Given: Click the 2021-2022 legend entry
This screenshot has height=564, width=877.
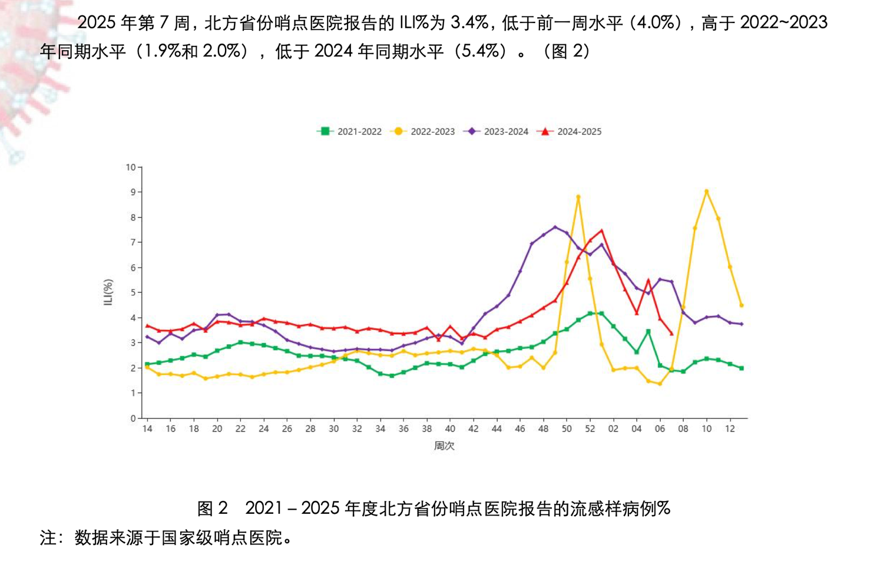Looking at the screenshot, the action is tap(349, 131).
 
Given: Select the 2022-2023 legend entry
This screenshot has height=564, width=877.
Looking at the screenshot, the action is tap(422, 131).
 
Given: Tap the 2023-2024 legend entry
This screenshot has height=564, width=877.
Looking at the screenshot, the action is tap(496, 131).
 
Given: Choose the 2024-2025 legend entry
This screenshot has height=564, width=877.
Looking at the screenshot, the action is tap(569, 131).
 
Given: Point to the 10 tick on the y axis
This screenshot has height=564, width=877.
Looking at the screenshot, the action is tap(130, 167).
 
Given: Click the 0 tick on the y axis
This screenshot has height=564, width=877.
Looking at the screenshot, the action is tap(133, 418).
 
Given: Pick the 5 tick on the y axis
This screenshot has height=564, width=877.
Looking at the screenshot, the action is tap(133, 293).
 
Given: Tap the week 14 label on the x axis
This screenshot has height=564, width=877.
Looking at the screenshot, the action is tap(147, 429).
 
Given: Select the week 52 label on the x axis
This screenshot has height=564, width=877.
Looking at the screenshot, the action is tap(590, 429).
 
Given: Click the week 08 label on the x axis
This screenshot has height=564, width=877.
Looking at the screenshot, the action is tap(683, 429).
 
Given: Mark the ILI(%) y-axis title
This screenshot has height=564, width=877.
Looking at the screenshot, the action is tap(108, 292).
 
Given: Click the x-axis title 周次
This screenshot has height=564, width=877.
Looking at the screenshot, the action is tap(444, 446).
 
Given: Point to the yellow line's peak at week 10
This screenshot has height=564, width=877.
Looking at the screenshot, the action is tap(707, 192).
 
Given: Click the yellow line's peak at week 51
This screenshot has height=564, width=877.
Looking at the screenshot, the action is tap(578, 197).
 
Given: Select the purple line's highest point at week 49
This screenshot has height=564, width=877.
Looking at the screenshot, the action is tap(555, 227).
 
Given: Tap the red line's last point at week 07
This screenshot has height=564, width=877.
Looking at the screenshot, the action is tap(672, 334).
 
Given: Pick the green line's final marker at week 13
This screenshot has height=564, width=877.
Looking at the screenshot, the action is tap(742, 368).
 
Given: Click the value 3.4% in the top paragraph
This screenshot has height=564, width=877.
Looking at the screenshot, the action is tap(470, 23).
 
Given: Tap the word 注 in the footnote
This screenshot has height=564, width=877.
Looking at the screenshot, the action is tap(47, 538).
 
